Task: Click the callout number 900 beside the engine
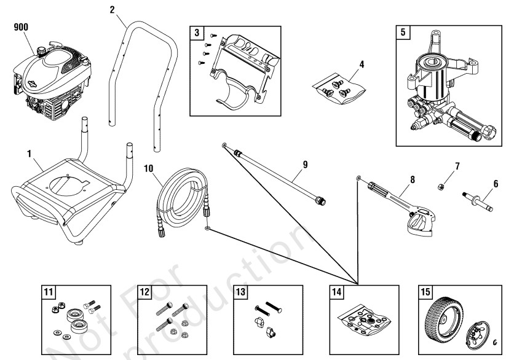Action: (22, 27)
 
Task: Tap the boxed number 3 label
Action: (196, 33)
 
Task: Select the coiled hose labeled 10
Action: (178, 197)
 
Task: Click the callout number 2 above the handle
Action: (111, 9)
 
